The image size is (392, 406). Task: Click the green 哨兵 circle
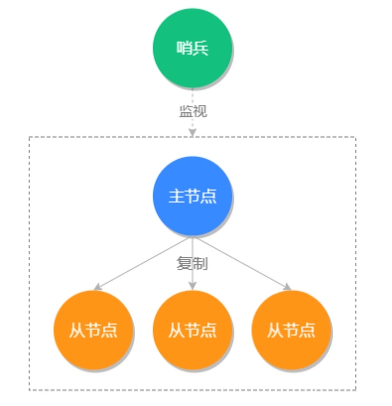point(192,48)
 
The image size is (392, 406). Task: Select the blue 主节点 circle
point(192,196)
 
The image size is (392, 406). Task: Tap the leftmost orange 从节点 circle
point(93,330)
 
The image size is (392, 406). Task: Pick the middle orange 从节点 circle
point(192,330)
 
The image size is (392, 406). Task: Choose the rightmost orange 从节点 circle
point(291,330)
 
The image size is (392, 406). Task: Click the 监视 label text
point(193,111)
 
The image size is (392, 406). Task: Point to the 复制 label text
point(192,263)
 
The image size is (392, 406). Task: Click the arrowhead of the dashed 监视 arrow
point(192,133)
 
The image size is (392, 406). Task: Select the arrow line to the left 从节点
point(141,263)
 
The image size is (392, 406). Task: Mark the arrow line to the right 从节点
point(244,263)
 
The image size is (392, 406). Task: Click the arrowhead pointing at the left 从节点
point(97,287)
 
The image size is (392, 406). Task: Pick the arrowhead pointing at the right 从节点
point(287,287)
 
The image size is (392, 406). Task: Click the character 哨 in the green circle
point(184,48)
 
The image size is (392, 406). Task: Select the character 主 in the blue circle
point(177,196)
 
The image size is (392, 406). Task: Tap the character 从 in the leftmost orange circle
point(77,330)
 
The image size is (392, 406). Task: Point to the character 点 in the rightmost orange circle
point(308,330)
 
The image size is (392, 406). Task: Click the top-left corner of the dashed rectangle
point(29,137)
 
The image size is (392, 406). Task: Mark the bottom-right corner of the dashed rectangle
point(356,390)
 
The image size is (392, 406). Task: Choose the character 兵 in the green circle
point(200,48)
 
